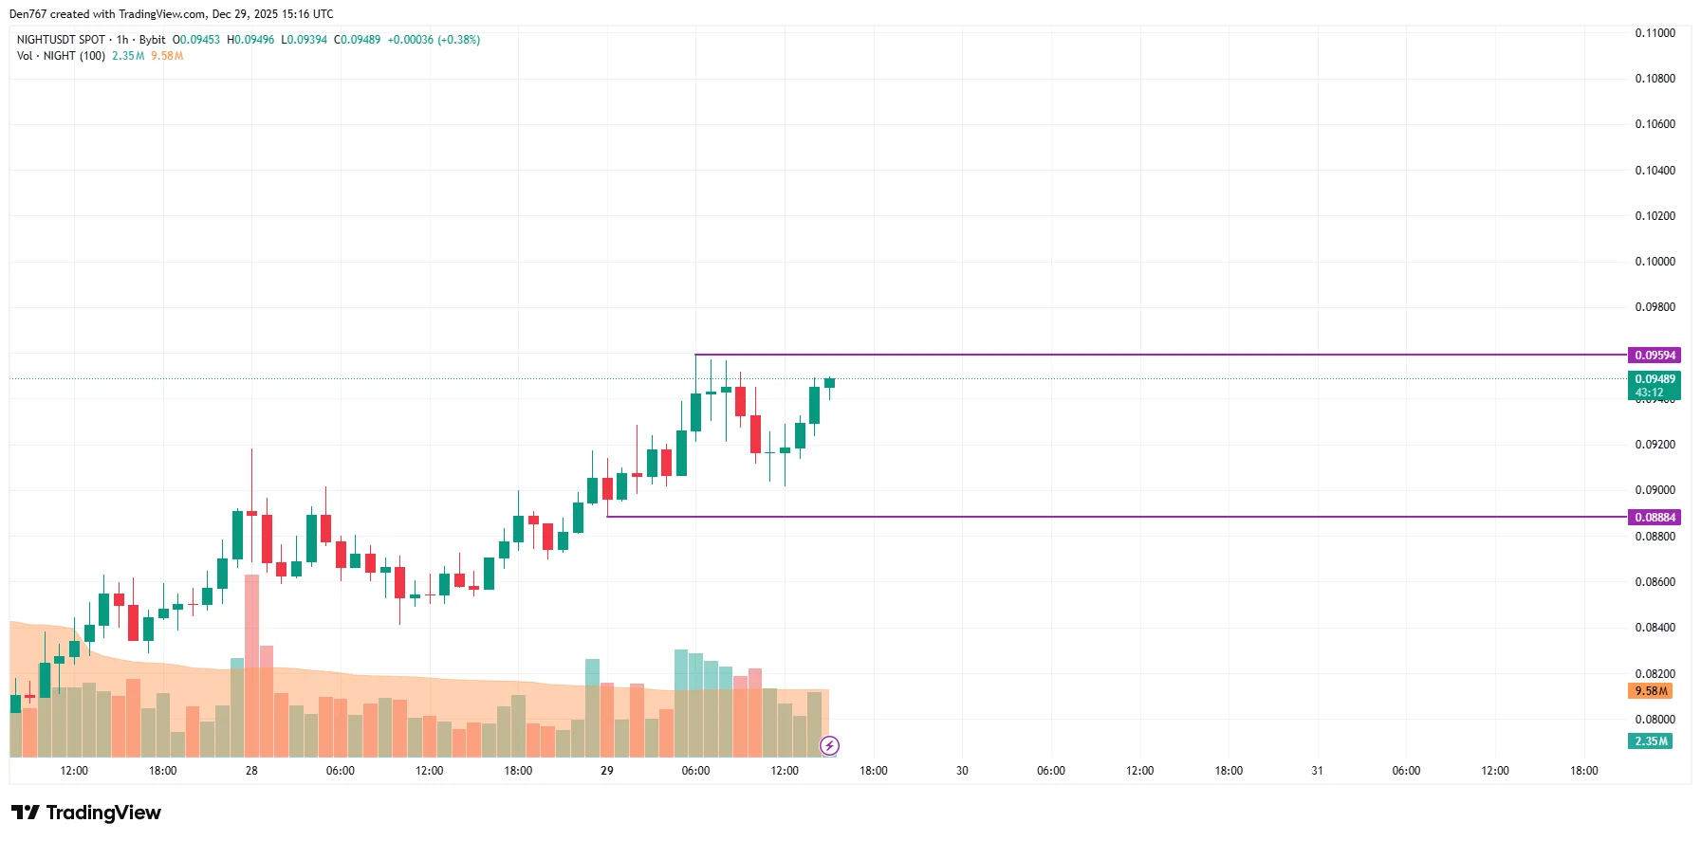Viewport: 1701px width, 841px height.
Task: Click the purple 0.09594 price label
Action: click(1655, 356)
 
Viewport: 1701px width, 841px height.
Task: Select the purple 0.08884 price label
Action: click(1655, 518)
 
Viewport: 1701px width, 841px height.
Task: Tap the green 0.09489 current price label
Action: click(1655, 379)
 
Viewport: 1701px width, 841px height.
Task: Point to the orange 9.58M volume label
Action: click(1652, 691)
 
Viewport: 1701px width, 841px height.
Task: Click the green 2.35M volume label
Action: click(1652, 741)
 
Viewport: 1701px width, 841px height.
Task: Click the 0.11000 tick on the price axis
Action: click(1655, 33)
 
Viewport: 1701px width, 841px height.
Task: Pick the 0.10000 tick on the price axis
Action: click(1655, 262)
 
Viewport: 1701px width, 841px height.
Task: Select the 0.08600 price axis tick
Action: click(1655, 582)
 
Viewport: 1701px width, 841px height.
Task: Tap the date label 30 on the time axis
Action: click(962, 771)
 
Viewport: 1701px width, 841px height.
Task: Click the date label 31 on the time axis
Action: click(1317, 771)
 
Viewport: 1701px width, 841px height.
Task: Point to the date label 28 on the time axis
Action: click(251, 771)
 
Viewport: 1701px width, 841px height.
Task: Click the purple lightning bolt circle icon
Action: click(829, 745)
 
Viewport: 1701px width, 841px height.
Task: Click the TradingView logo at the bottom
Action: click(86, 813)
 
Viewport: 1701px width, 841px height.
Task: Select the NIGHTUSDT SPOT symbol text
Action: click(61, 40)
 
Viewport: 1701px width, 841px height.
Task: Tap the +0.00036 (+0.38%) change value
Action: click(434, 40)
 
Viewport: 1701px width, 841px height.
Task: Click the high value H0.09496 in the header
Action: click(250, 40)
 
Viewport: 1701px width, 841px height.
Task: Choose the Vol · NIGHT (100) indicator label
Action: click(61, 56)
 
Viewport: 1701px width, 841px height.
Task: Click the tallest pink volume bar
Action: click(251, 664)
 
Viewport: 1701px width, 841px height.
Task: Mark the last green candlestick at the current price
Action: click(829, 383)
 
